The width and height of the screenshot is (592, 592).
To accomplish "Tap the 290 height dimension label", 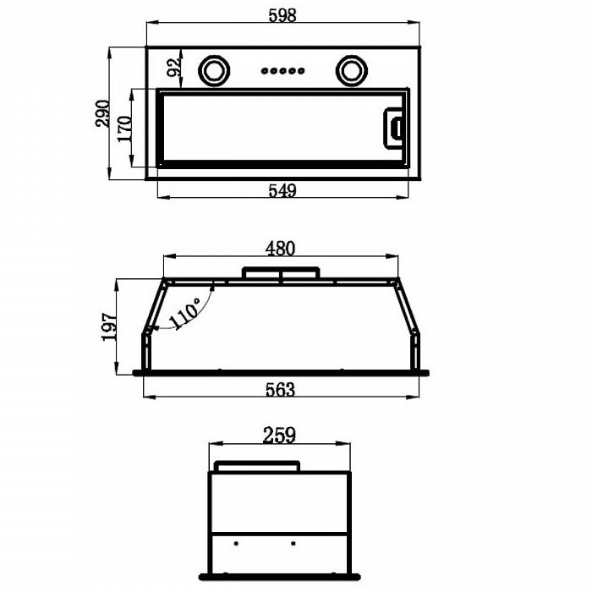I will click(x=102, y=114).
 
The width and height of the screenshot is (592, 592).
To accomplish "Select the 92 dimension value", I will click(x=175, y=68).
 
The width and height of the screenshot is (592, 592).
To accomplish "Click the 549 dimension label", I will click(x=282, y=191).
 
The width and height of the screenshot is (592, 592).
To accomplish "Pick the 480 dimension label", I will click(x=280, y=249).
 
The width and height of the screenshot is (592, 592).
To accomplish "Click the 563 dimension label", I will click(x=280, y=389).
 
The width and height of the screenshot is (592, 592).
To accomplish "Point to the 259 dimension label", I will click(x=279, y=436).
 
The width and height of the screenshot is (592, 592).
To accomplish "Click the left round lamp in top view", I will click(x=214, y=69).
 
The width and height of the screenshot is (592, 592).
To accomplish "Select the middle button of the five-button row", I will click(x=282, y=71).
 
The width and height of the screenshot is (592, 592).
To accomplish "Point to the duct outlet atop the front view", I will click(x=281, y=273).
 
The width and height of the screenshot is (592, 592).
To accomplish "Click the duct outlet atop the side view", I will click(x=257, y=467).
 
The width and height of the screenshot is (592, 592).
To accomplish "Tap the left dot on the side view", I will click(x=237, y=542).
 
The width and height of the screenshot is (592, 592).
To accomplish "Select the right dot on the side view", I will click(x=293, y=542).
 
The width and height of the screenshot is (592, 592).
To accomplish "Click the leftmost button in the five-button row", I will click(x=265, y=71).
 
